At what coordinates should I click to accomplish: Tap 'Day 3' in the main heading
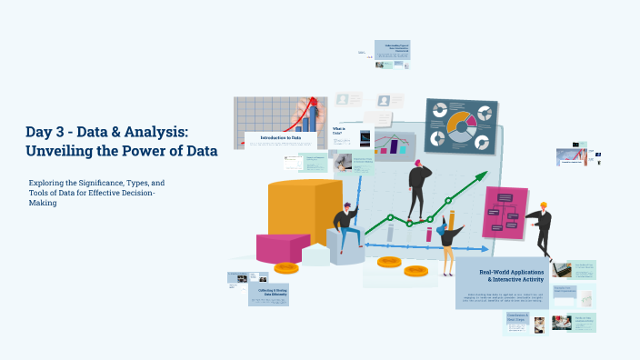[45, 133]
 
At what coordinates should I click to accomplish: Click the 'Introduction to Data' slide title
[279, 137]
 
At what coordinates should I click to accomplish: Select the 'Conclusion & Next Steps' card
[517, 318]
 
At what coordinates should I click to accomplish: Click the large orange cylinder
[302, 215]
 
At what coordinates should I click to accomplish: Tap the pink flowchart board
[505, 212]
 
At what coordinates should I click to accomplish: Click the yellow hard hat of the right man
[544, 205]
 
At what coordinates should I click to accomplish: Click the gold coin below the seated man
[286, 267]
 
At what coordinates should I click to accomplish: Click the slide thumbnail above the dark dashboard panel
[392, 49]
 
